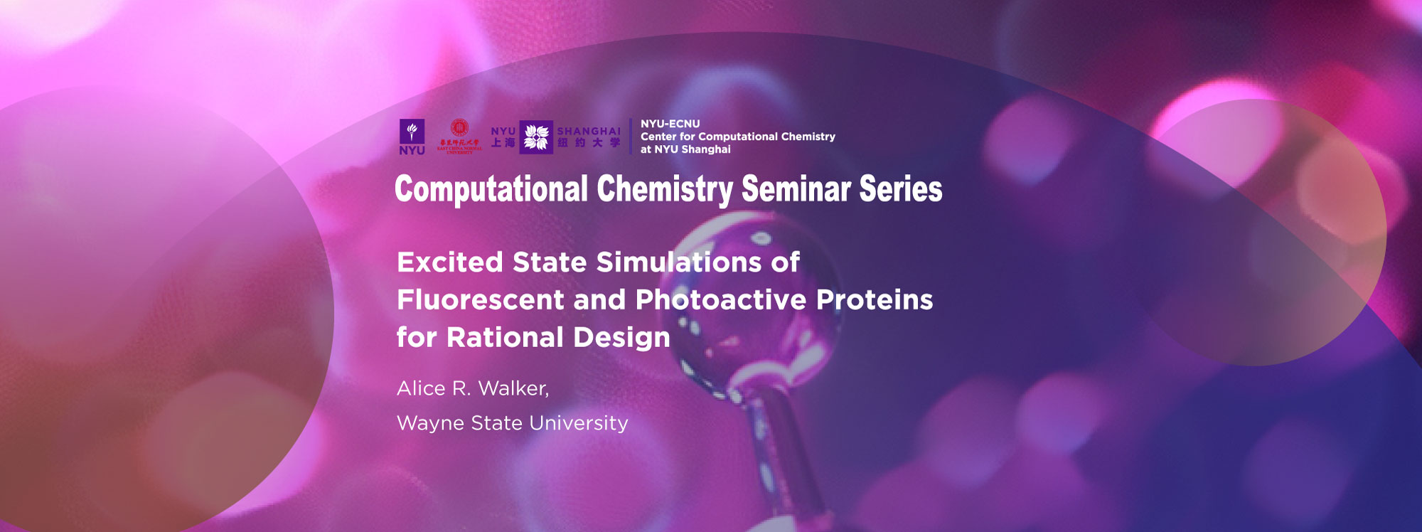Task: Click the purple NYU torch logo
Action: point(412,132)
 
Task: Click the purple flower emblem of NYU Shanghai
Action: point(536,137)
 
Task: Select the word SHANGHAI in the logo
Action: point(588,131)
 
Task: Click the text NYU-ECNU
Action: point(670,124)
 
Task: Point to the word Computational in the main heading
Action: point(491,189)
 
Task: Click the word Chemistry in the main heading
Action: point(664,189)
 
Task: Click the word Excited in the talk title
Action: point(450,262)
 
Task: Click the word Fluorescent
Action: point(480,300)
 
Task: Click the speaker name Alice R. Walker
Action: point(472,388)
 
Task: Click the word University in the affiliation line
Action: point(579,423)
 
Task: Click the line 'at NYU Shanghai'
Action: point(685,149)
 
